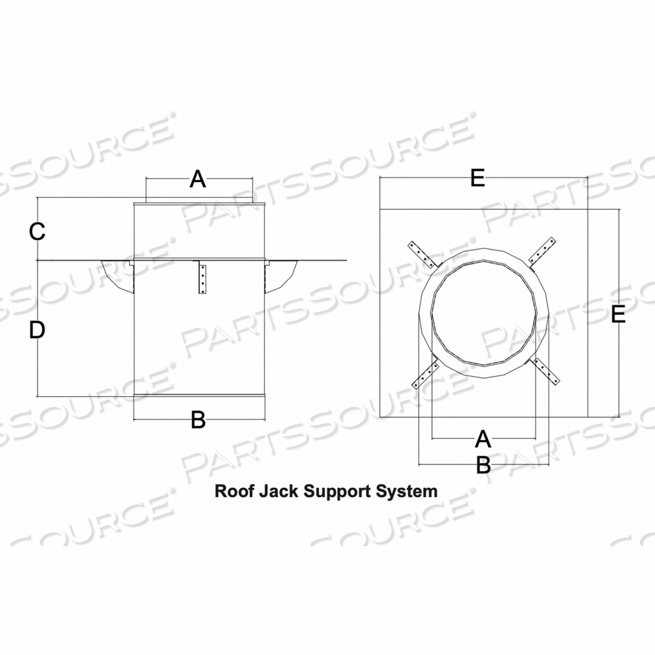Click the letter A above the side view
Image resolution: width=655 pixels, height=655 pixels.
pyautogui.click(x=198, y=179)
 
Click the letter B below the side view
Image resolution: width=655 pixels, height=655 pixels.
pyautogui.click(x=198, y=420)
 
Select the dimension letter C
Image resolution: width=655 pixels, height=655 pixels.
pyautogui.click(x=37, y=231)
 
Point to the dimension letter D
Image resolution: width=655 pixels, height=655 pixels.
pyautogui.click(x=37, y=331)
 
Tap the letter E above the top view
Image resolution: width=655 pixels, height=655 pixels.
pyautogui.click(x=477, y=178)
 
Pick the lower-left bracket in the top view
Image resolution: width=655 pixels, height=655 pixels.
pyautogui.click(x=423, y=375)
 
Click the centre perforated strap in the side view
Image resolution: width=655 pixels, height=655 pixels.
pyautogui.click(x=203, y=278)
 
